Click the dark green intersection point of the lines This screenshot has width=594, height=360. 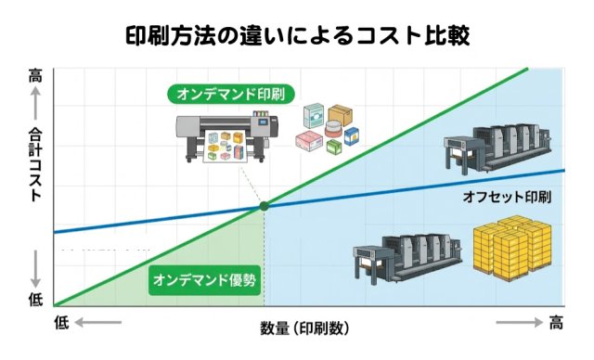(264, 206)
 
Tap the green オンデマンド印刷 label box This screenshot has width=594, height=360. (232, 95)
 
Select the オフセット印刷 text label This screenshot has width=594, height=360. (507, 198)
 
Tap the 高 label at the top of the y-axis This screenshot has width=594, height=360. (35, 76)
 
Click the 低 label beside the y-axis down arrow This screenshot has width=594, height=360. (35, 299)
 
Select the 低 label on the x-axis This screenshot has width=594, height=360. (61, 323)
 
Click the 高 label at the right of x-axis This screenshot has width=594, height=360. (556, 323)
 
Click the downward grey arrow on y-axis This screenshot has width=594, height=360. (35, 269)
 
